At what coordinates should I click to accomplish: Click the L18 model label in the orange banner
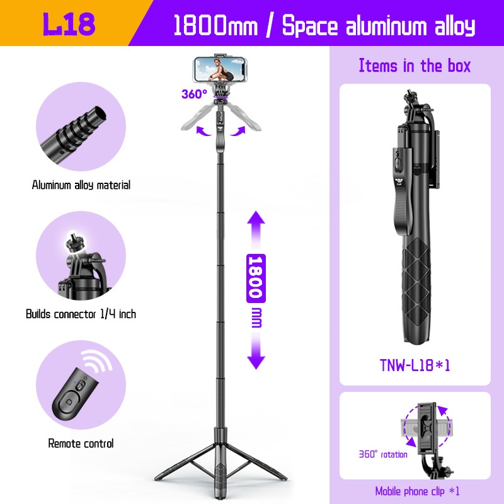click(x=69, y=24)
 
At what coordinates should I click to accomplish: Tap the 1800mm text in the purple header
click(x=215, y=25)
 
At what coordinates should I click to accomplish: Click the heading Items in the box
click(x=415, y=66)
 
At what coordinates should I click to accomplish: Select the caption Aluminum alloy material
click(x=81, y=185)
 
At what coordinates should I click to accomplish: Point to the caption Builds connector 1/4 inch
click(x=81, y=314)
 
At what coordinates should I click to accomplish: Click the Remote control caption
click(x=81, y=444)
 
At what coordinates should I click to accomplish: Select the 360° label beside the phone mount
click(x=194, y=94)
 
